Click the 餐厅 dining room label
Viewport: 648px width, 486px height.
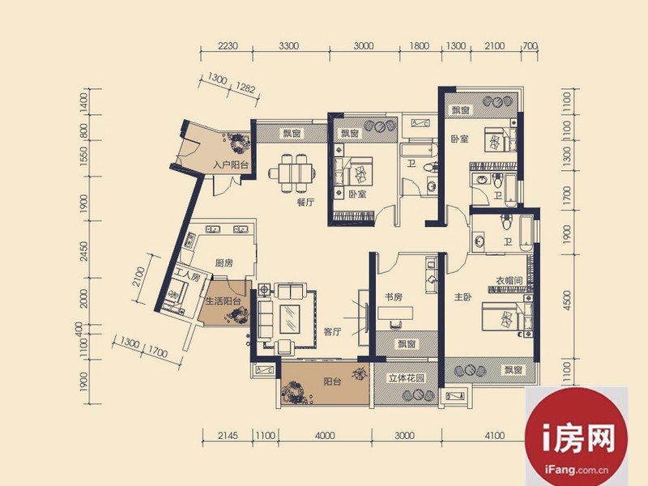(305, 202)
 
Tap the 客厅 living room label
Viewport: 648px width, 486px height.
(332, 331)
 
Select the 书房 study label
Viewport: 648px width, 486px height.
(394, 296)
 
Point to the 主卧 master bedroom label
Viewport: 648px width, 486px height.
(463, 296)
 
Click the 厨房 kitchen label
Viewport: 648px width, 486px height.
(224, 262)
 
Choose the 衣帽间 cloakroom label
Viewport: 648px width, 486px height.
(509, 280)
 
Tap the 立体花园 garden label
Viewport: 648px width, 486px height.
(407, 377)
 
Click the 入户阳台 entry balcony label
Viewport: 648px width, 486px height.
(231, 165)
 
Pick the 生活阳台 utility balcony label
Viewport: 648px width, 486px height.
(224, 301)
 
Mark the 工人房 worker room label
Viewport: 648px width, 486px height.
(187, 275)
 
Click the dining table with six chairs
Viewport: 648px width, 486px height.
(291, 173)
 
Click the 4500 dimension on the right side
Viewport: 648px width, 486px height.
(567, 301)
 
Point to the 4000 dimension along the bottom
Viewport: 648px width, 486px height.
(325, 436)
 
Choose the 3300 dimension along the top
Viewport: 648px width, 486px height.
(288, 46)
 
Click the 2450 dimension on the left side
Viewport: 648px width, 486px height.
(84, 251)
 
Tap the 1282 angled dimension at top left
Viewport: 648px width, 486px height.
(245, 87)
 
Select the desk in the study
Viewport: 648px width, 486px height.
(396, 313)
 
